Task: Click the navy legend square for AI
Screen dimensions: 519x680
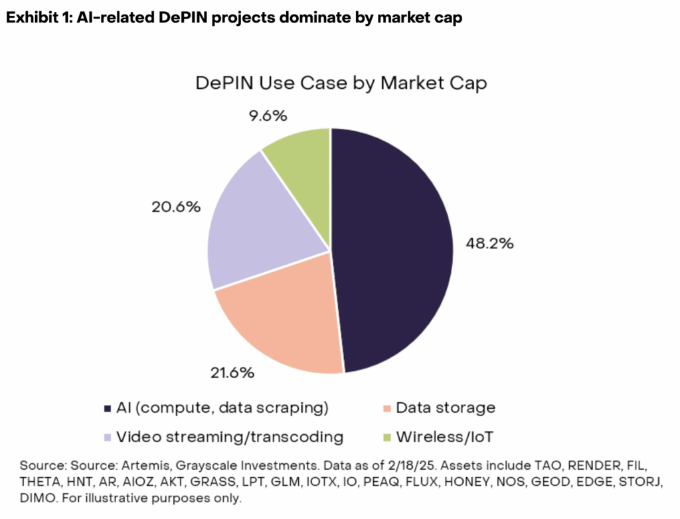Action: (109, 408)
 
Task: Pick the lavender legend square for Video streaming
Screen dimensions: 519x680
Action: (109, 437)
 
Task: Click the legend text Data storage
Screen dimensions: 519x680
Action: (446, 408)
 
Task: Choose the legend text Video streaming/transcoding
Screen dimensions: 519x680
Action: (230, 437)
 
